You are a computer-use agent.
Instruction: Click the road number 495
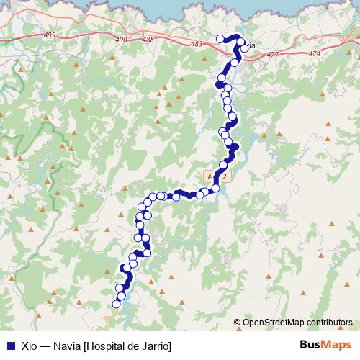pos(49,35)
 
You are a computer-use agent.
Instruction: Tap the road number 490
pos(121,40)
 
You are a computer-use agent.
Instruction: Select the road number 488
pos(148,40)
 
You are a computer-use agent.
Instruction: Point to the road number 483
pos(197,44)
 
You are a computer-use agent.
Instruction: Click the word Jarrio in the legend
pos(156,346)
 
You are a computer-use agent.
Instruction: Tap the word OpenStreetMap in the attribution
pos(274,323)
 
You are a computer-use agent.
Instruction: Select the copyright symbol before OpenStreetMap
pos(238,323)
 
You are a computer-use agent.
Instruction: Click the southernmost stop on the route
pos(117,305)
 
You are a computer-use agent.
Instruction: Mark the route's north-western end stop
pos(220,39)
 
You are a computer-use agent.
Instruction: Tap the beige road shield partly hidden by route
pos(216,175)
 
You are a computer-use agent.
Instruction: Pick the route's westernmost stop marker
pos(117,305)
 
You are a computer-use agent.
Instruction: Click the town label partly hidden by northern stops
pos(250,47)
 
